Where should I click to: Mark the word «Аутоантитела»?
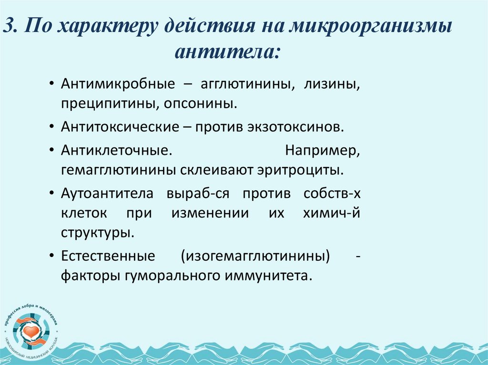coord(107,194)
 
